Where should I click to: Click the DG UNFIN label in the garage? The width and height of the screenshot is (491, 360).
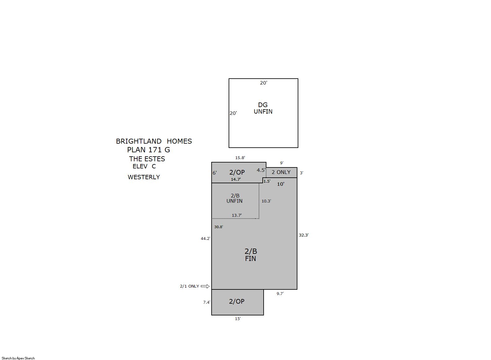point(263,108)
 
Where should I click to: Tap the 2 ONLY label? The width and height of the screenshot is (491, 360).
point(281,172)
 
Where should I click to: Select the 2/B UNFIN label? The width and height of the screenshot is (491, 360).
point(235,198)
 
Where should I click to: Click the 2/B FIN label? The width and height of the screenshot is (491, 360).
point(251,255)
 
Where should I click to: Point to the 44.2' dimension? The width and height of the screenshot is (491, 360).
point(205,239)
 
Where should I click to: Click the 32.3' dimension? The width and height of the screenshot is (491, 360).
point(304,235)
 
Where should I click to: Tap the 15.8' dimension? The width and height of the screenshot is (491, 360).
point(240,158)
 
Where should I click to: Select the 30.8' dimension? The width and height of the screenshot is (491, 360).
point(218,227)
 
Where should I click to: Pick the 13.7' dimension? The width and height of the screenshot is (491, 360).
point(237,215)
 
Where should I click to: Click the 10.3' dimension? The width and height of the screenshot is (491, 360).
point(266,201)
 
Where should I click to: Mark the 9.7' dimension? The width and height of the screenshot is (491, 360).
point(280,294)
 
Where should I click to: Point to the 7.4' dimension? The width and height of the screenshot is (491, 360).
point(207,302)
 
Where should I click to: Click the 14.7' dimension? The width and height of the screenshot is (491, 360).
point(236,179)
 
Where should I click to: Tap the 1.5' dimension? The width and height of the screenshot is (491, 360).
point(267,181)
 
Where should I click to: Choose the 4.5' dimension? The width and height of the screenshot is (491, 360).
point(261,170)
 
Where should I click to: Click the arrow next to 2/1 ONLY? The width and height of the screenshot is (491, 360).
point(205,286)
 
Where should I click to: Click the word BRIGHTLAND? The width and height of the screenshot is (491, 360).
point(138,141)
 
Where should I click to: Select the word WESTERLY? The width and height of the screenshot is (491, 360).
point(144,177)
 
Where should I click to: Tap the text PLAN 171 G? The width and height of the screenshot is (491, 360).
point(149,150)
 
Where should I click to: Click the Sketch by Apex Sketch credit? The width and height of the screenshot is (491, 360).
point(18,358)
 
